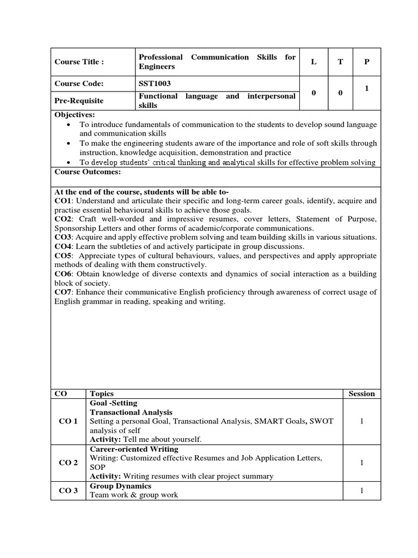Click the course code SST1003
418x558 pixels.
157,84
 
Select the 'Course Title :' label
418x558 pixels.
79,62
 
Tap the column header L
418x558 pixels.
313,62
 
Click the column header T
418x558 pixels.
340,62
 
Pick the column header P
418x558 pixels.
367,62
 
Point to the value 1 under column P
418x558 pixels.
367,88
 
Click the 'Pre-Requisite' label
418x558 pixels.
79,101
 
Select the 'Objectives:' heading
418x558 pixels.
75,114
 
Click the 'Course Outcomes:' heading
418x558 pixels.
88,172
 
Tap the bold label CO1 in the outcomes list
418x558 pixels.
63,201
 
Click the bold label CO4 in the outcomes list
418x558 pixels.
63,246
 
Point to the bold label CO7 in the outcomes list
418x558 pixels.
63,292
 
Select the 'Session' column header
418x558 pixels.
361,393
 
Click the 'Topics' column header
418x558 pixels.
102,393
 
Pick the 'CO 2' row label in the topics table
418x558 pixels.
68,463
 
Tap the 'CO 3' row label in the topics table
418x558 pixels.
68,490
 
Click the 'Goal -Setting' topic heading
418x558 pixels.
114,403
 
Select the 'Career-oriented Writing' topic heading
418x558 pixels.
134,449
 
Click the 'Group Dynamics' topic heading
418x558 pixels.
120,486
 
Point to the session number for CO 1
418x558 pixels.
361,421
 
